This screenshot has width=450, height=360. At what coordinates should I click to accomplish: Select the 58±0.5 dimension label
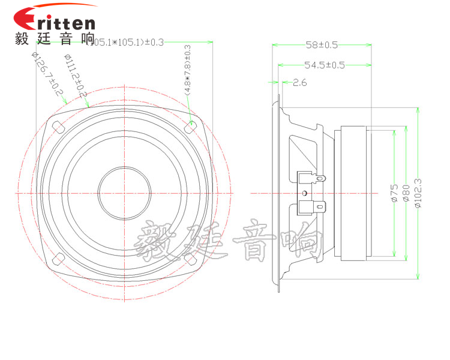pos(321,45)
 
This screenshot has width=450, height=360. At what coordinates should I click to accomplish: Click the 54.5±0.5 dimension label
pos(325,65)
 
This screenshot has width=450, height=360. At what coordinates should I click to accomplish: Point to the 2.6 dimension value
pos(299,83)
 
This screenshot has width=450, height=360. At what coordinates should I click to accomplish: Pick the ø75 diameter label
pos(394,193)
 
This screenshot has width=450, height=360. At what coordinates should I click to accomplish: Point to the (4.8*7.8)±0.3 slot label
pos(187,70)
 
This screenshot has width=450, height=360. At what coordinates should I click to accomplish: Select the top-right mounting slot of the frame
pos(191,127)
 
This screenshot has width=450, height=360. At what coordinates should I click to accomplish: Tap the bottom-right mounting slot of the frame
pos(191,259)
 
